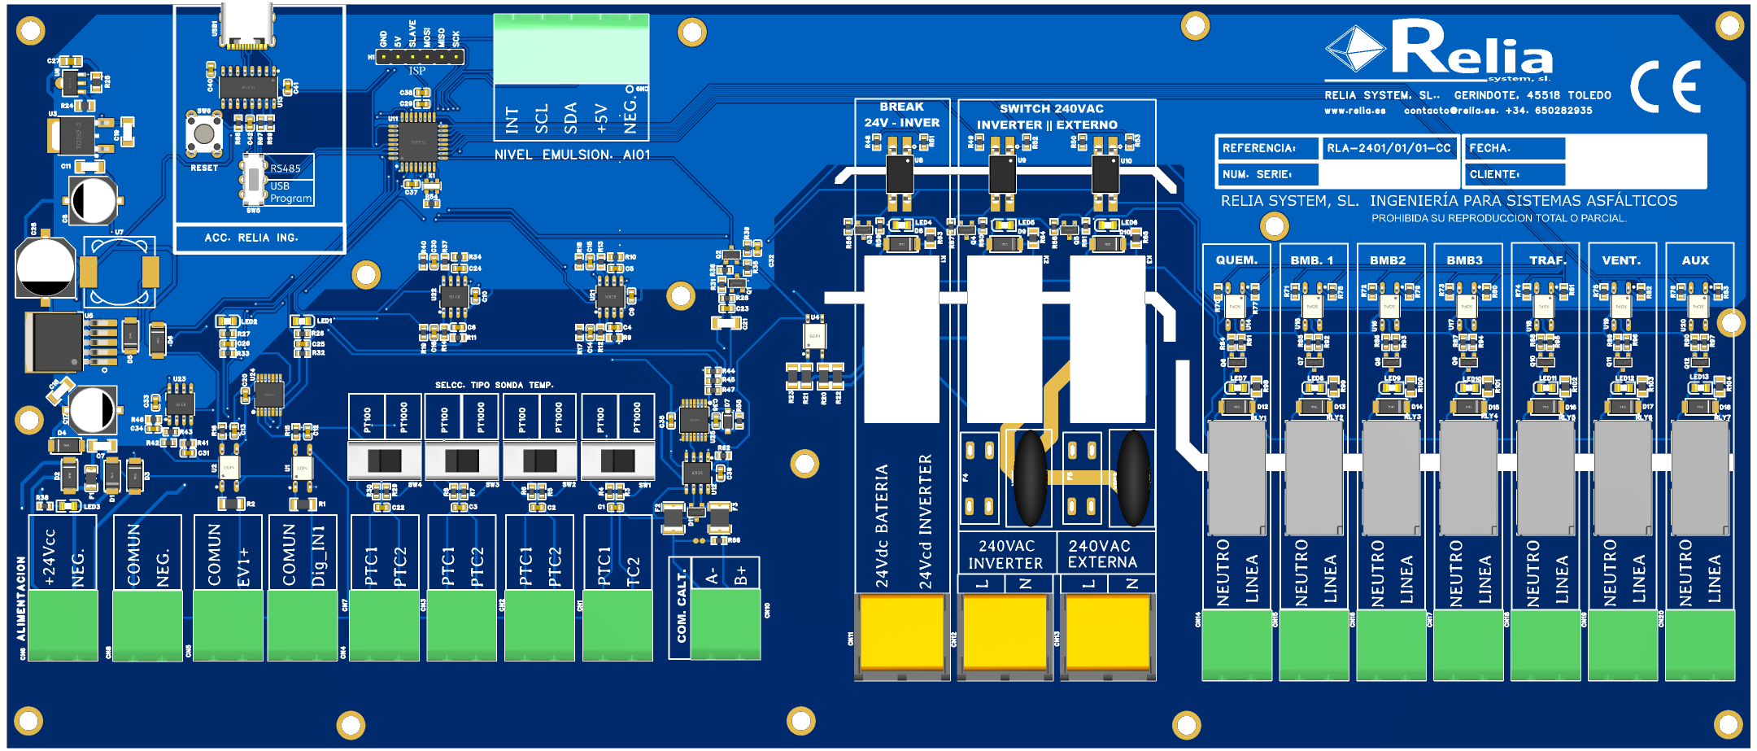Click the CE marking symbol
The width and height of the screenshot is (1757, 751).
pos(1665,86)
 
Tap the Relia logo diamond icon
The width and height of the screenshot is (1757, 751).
pos(1354,49)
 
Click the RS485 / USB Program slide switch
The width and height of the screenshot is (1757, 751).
pos(254,179)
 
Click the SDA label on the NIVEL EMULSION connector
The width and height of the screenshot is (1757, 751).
pos(571,119)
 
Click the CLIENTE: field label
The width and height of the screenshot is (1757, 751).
pos(1494,174)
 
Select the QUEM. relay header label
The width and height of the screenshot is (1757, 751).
pos(1236,260)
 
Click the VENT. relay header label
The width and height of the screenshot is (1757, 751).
pos(1621,260)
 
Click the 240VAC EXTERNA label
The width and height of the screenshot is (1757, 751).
pos(1102,554)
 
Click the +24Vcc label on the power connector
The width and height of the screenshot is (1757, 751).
pos(50,558)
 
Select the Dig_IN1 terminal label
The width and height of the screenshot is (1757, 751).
pos(318,556)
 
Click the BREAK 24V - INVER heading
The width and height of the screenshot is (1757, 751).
pos(901,115)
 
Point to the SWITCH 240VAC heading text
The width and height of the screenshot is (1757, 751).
pos(1051,108)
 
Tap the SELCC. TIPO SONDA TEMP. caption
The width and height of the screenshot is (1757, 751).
pos(494,385)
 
